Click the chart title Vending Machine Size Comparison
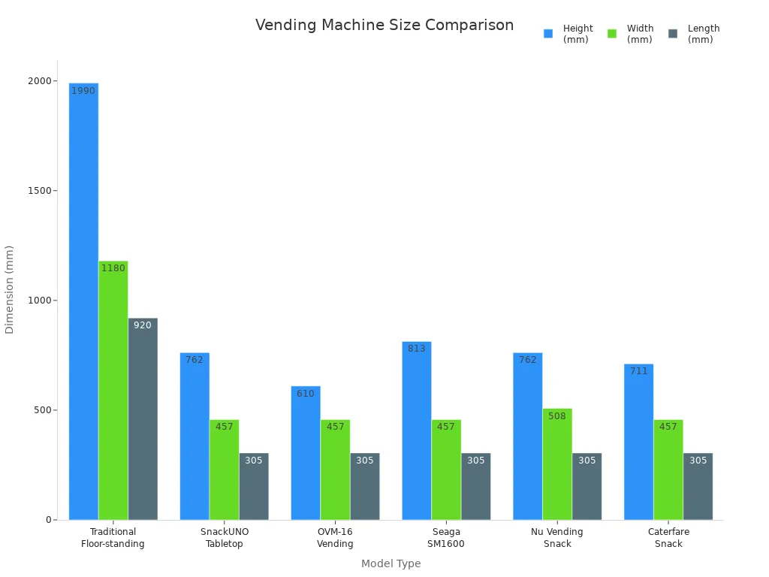384,26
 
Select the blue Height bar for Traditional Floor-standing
83,301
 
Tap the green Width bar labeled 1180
113,391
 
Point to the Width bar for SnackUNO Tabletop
225,470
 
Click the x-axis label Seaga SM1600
446,538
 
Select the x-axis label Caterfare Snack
668,538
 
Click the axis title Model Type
391,564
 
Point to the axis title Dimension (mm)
10,289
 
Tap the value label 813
417,349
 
